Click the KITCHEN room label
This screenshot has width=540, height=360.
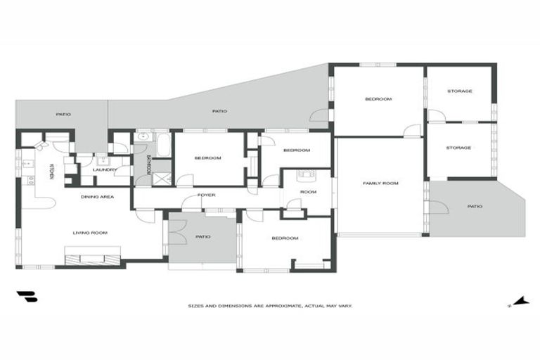click(x=51, y=172)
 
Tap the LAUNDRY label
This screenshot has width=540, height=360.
click(x=104, y=170)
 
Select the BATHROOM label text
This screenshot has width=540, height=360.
click(x=149, y=165)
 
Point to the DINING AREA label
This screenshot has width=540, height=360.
click(x=98, y=197)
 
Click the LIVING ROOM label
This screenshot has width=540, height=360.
click(x=90, y=233)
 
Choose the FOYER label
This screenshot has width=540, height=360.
click(x=206, y=195)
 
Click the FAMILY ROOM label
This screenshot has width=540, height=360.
click(x=380, y=184)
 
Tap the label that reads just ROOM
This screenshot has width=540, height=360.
click(x=308, y=192)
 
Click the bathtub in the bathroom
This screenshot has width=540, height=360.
click(x=164, y=146)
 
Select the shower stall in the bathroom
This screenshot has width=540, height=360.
click(x=162, y=179)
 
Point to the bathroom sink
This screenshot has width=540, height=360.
click(x=143, y=137)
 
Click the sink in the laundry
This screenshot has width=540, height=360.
click(x=103, y=160)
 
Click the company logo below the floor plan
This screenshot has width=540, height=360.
click(x=27, y=296)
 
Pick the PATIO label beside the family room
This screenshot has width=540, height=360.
click(x=475, y=206)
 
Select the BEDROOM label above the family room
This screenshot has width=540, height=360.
click(x=378, y=99)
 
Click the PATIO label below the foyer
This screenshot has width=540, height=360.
click(x=202, y=237)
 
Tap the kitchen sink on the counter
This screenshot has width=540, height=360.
click(x=27, y=164)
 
